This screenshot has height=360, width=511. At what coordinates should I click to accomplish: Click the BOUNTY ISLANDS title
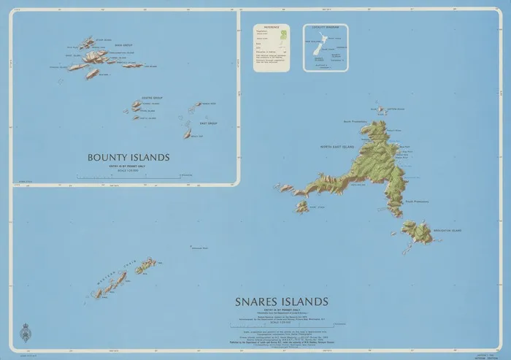[x=128, y=157]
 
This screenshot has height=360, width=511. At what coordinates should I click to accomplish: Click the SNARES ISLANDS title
[x=281, y=301]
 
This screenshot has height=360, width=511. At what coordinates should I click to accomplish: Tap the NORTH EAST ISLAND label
[x=337, y=148]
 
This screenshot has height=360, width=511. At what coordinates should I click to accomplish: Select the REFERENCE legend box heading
[x=271, y=27]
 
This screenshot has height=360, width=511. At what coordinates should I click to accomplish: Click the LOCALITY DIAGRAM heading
[x=326, y=27]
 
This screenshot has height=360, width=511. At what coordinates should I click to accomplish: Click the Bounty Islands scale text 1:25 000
[x=128, y=172]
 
